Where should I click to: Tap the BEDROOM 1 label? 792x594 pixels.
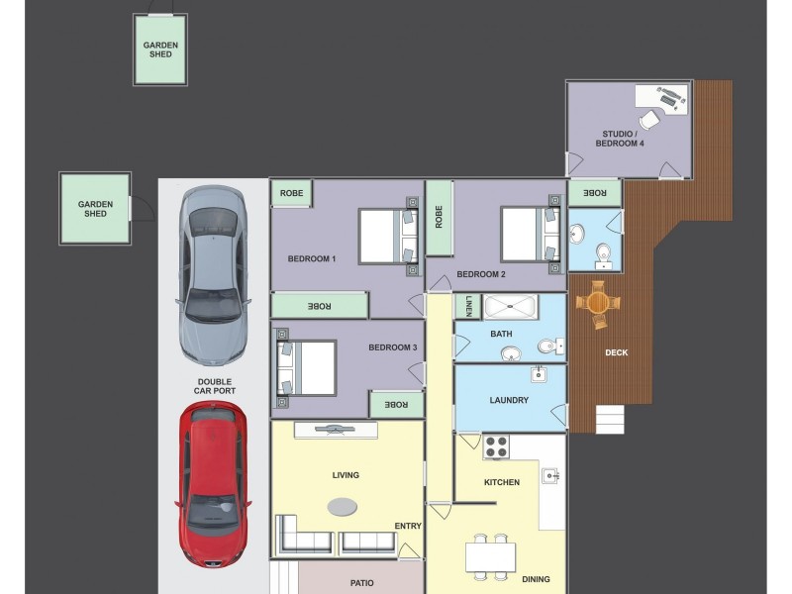312,259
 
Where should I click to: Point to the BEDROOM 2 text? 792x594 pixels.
481,274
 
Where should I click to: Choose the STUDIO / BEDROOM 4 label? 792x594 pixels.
620,139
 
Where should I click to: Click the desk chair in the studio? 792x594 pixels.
649,120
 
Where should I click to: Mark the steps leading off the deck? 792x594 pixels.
611,419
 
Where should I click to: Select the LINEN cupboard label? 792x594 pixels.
468,307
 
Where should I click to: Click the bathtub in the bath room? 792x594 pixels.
510,307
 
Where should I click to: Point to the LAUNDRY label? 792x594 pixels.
509,401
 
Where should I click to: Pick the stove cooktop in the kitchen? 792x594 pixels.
495,445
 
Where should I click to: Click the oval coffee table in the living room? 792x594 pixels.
344,506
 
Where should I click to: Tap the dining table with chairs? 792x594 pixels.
491,556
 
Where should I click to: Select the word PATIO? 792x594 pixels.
361,583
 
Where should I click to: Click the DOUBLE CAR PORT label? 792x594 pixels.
216,385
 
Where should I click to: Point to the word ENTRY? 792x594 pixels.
408,526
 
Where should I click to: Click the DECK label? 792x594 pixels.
616,352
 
